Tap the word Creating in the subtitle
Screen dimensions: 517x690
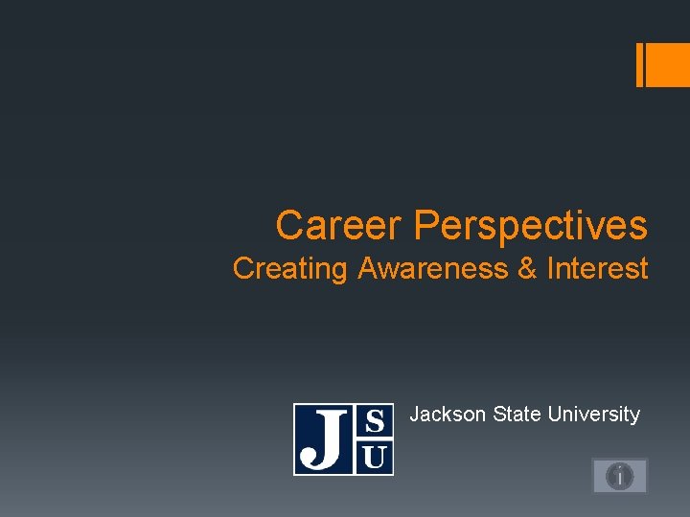click(x=290, y=270)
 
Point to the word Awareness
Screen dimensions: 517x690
click(x=433, y=270)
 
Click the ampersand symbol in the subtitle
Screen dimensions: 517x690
click(x=527, y=270)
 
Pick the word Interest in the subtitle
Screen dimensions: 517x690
click(x=597, y=269)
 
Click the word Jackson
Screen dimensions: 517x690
click(x=448, y=415)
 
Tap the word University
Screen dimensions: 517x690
click(x=595, y=415)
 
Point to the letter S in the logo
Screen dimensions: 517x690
click(x=376, y=421)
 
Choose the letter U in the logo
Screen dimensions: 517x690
click(x=376, y=457)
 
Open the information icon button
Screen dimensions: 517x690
click(x=620, y=475)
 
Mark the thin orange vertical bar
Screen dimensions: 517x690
click(x=640, y=65)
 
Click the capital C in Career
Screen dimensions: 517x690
click(x=288, y=226)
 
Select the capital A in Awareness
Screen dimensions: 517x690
click(x=368, y=270)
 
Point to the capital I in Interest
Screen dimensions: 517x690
click(x=550, y=269)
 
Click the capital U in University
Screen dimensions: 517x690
click(x=556, y=415)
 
